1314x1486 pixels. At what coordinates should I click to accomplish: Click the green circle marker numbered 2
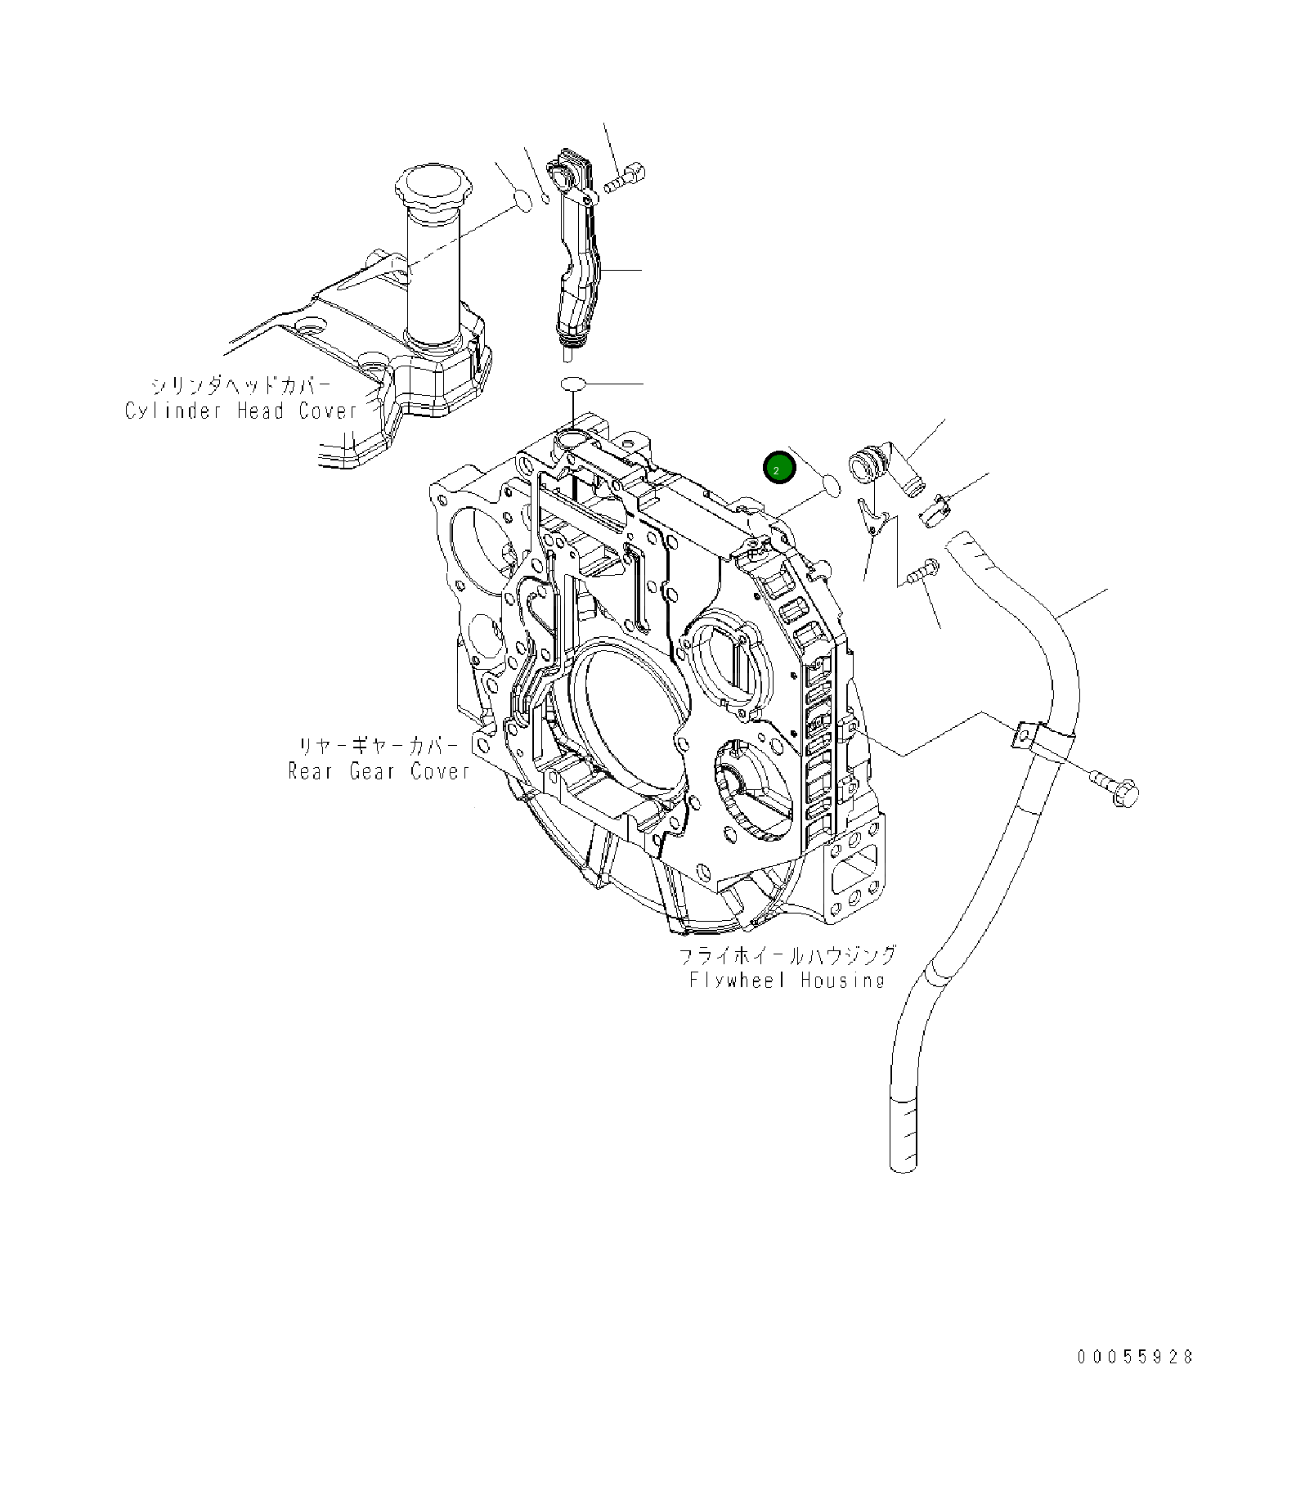click(778, 468)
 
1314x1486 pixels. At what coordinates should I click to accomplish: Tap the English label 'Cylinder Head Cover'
click(241, 411)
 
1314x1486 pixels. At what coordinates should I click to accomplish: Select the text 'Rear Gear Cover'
click(379, 771)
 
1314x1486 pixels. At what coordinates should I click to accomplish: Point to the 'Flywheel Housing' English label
click(787, 980)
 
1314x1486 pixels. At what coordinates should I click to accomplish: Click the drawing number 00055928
click(1135, 1357)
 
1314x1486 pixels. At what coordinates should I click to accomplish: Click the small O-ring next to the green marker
click(830, 486)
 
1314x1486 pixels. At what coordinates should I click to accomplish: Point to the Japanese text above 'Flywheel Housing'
click(787, 954)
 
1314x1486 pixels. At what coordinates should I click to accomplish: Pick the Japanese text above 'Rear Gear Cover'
click(379, 746)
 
